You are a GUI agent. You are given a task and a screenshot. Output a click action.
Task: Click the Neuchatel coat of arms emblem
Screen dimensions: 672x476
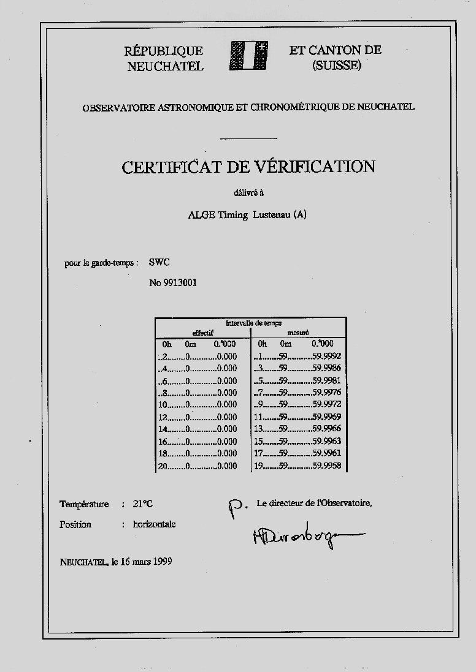pyautogui.click(x=250, y=57)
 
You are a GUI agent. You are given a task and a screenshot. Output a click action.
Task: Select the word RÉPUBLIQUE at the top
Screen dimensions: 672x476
pyautogui.click(x=163, y=51)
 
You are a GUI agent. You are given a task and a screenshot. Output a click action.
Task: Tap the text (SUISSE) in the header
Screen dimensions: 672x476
pyautogui.click(x=336, y=65)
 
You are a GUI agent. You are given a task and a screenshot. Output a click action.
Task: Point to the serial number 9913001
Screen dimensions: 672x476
pyautogui.click(x=180, y=282)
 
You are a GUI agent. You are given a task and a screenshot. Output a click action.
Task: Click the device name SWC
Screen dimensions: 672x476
pyautogui.click(x=159, y=262)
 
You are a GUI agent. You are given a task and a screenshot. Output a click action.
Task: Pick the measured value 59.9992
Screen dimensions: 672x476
pyautogui.click(x=326, y=356)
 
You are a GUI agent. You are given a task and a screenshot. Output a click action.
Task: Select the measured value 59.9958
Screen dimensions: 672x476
pyautogui.click(x=326, y=466)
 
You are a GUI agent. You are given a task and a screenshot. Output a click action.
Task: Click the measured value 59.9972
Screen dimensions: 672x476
pyautogui.click(x=326, y=405)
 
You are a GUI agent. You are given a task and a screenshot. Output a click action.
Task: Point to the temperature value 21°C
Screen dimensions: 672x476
pyautogui.click(x=142, y=504)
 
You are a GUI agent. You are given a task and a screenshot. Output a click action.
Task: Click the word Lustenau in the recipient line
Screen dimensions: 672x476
pyautogui.click(x=272, y=214)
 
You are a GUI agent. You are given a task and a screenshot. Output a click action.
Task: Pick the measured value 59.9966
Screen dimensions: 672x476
pyautogui.click(x=326, y=429)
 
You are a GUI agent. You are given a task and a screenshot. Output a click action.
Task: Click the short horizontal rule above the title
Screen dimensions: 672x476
pyautogui.click(x=248, y=139)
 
